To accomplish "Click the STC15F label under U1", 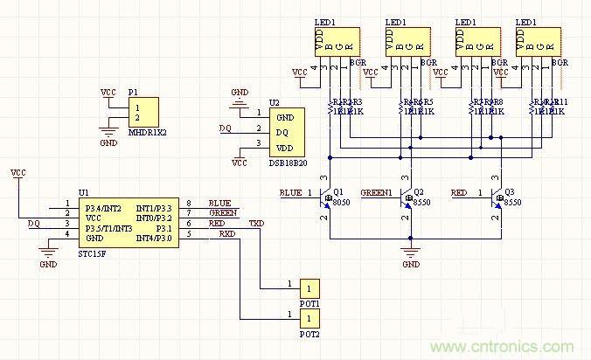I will (x=92, y=255).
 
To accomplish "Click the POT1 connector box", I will (x=309, y=288).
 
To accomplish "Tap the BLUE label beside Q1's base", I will (x=290, y=191).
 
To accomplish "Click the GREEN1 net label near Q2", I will (x=376, y=191).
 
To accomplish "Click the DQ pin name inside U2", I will (x=282, y=132).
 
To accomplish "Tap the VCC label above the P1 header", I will (x=108, y=92).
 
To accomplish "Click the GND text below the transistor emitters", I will (x=409, y=264).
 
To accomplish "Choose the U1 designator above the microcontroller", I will (x=83, y=192).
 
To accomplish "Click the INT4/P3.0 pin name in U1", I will (x=156, y=238).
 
